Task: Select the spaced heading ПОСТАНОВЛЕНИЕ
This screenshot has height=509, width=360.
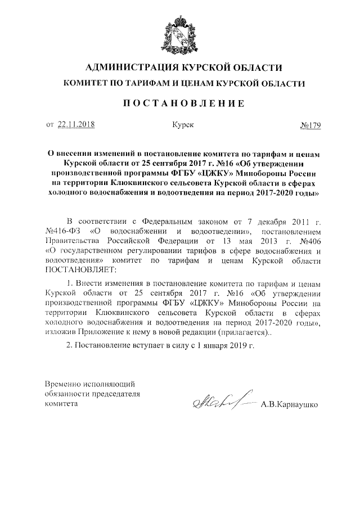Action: click(x=179, y=103)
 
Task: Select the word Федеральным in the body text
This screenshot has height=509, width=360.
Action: click(x=168, y=220)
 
